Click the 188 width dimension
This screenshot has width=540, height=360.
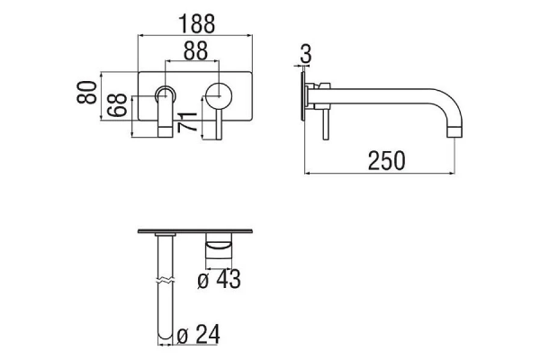196,23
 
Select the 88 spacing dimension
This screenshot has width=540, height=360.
195,51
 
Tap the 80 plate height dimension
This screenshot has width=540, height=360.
86,93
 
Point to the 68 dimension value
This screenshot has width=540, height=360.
117,104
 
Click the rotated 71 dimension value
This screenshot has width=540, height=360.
187,122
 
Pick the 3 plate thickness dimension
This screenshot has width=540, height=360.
305,53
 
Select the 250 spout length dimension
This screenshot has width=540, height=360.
386,161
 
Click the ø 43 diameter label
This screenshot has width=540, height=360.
219,279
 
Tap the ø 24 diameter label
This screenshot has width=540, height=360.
198,334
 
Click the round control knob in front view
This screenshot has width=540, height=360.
219,95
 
